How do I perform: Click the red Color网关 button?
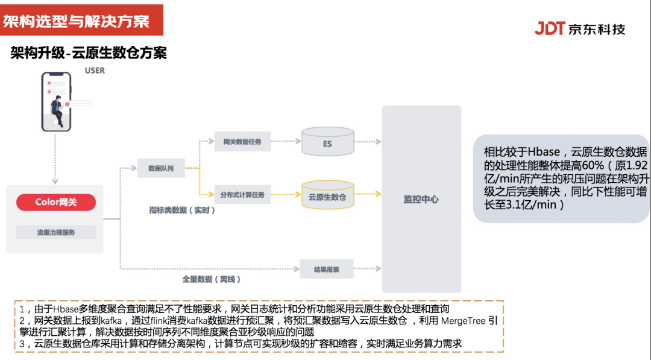56,202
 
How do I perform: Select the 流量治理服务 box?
55,232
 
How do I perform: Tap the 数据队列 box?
161,168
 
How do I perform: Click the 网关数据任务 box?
242,141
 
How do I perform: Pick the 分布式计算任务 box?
242,195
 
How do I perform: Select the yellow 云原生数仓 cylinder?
327,195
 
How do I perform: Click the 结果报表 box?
326,269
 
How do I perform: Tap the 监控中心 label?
421,199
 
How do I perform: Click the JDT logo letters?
549,28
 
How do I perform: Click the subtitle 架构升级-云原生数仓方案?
89,53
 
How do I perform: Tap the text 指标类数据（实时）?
182,210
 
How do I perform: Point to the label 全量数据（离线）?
212,279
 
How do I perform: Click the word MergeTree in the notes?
463,320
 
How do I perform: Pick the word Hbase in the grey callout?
544,151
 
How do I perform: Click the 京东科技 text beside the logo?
597,29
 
